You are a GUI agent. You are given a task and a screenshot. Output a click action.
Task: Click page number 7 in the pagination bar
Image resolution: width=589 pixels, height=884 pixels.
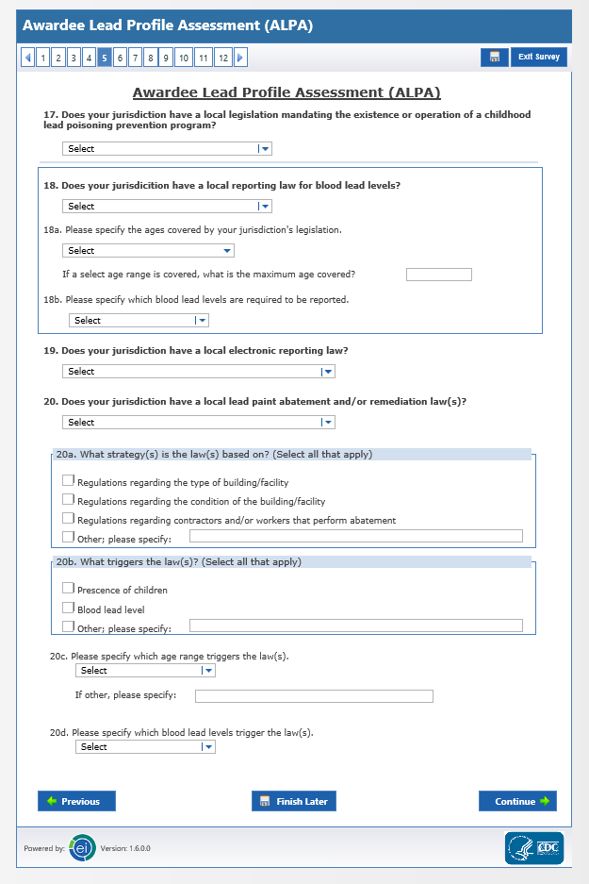click(135, 58)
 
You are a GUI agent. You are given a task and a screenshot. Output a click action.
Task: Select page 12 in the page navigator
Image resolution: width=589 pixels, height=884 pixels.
click(222, 58)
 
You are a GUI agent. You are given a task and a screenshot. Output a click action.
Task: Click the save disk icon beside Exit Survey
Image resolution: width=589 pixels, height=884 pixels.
click(494, 58)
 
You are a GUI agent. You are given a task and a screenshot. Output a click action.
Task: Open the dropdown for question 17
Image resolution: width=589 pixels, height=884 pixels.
click(167, 148)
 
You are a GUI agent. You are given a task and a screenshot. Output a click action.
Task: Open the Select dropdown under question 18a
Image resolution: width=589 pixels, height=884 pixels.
click(148, 250)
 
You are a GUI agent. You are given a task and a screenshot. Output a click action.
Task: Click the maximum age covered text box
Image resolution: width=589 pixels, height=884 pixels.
click(438, 275)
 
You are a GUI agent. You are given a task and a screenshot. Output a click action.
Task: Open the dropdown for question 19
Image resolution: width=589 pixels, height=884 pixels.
click(199, 371)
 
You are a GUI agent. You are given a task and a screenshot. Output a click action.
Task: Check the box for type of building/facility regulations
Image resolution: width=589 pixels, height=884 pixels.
click(68, 481)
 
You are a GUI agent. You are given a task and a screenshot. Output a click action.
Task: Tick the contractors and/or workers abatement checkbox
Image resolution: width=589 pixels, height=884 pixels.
click(68, 519)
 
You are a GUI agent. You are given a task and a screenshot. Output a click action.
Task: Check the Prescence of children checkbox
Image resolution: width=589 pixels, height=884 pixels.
click(68, 589)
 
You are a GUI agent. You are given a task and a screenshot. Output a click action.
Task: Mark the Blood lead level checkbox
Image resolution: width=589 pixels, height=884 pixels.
click(68, 609)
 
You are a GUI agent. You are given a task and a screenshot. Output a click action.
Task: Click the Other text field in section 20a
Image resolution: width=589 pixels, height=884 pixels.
click(355, 536)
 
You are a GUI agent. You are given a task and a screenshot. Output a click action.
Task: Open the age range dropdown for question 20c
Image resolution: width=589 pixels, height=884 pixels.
click(145, 670)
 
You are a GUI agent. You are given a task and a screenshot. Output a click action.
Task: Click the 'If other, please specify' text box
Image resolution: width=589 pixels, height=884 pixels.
click(314, 696)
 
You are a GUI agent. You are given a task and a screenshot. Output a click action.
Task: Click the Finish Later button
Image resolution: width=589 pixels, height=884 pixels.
click(293, 801)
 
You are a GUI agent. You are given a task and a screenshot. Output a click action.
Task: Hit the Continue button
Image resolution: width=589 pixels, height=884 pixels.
click(517, 801)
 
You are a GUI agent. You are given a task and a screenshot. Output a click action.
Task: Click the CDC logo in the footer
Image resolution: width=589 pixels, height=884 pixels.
click(533, 847)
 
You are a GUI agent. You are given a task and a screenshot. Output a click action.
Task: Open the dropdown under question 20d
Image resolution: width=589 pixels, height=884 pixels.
click(145, 746)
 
